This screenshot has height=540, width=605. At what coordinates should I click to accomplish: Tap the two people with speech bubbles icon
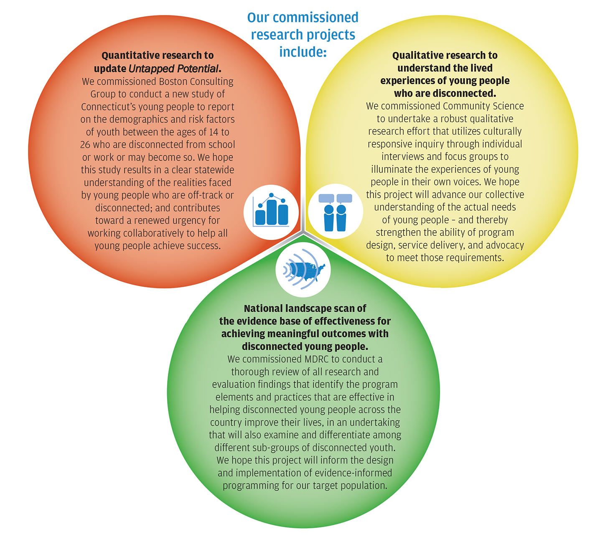(x=336, y=212)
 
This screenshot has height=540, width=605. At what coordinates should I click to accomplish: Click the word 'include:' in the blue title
(x=303, y=52)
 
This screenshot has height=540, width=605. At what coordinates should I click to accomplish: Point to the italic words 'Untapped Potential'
(x=173, y=69)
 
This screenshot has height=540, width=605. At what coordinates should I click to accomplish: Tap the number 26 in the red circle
(x=85, y=145)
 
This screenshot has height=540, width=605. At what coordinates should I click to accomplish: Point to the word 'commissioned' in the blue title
(x=315, y=17)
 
